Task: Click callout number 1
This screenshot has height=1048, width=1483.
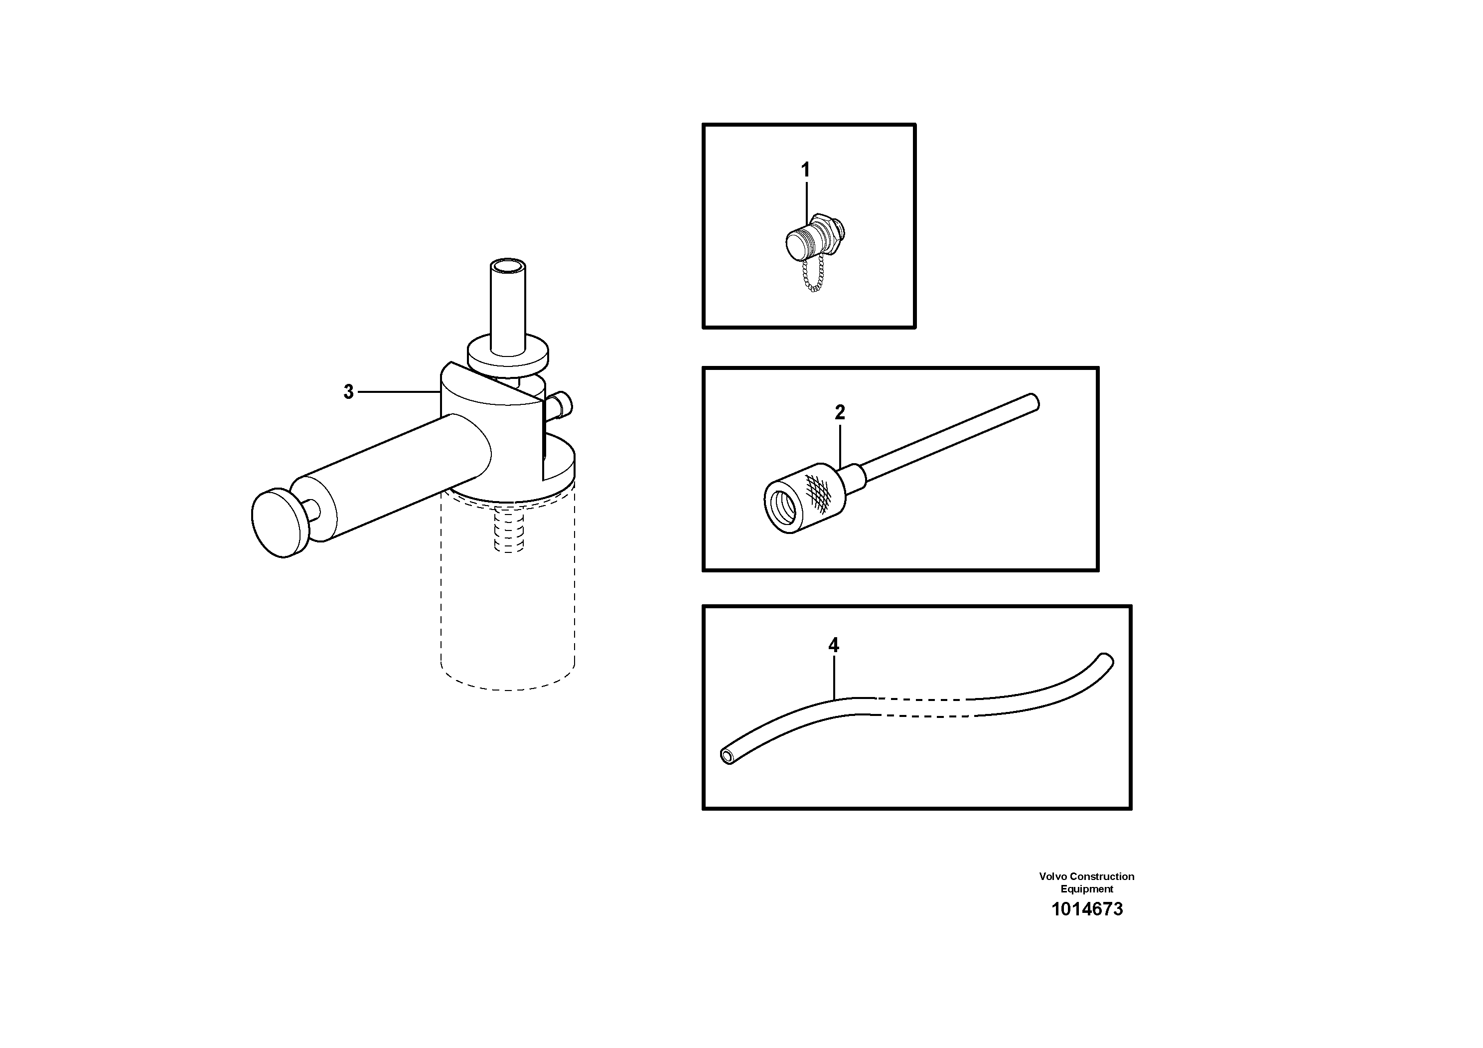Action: click(x=805, y=170)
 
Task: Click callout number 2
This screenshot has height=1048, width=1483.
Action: click(x=840, y=412)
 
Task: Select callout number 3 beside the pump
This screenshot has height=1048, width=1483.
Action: click(x=349, y=391)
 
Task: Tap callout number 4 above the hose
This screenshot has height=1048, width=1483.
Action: click(x=833, y=645)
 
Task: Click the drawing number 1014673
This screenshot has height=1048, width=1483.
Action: click(x=1086, y=909)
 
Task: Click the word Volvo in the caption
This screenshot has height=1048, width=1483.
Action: click(x=1053, y=876)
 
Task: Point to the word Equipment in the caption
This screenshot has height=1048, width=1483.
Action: click(x=1086, y=889)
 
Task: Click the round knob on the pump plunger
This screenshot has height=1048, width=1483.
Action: click(x=279, y=523)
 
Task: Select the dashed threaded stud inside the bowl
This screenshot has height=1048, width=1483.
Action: click(x=509, y=530)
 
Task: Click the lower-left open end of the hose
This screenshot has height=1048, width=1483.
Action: click(x=728, y=757)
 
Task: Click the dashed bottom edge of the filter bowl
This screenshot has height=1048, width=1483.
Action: click(x=508, y=688)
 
